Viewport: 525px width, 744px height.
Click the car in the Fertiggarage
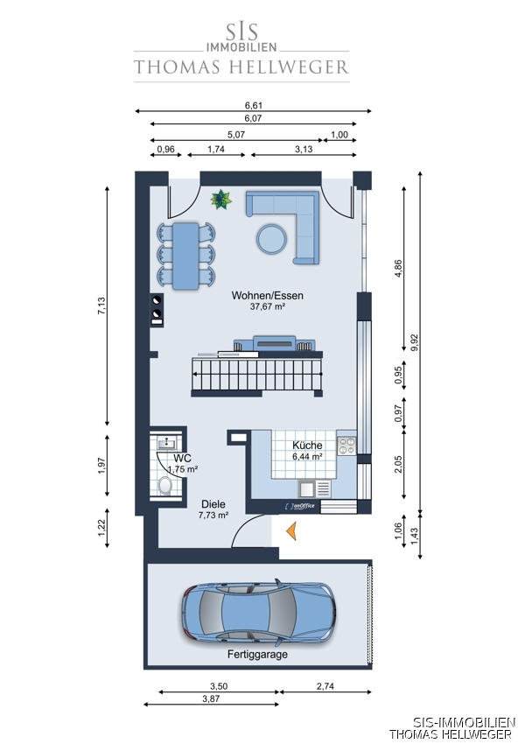pos(258,612)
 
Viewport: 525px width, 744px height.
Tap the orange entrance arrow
pos(291,531)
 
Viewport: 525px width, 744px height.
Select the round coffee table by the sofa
pos(271,238)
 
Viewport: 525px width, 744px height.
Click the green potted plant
pos(221,200)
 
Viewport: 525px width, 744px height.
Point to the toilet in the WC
pos(165,486)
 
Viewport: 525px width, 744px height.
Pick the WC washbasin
pos(167,443)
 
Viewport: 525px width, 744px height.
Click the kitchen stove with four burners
pos(346,446)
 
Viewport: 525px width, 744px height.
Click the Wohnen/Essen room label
pos(267,295)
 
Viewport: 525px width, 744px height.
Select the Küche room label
pos(307,445)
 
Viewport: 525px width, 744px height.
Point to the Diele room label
pos(213,504)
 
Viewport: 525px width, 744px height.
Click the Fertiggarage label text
pos(257,655)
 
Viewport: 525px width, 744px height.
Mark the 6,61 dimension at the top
pos(253,105)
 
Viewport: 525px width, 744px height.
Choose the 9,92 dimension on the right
pos(415,342)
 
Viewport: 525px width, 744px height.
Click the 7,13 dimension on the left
pos(101,306)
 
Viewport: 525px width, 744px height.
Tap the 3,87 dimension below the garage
pos(211,698)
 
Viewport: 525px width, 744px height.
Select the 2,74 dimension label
pos(325,686)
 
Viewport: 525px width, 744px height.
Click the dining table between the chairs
pos(185,256)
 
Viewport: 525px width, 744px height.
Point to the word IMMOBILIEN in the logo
pos(241,47)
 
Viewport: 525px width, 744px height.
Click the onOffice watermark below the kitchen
pos(300,506)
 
